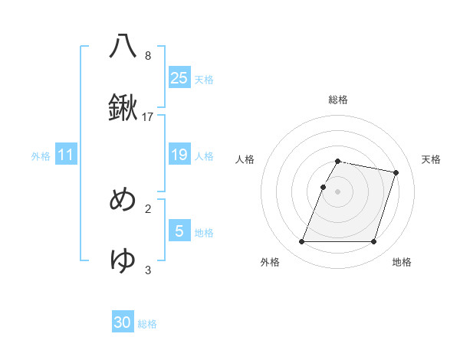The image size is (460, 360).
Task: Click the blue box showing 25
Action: pyautogui.click(x=179, y=77)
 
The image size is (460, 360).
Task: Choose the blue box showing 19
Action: pyautogui.click(x=179, y=155)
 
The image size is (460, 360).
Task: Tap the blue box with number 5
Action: pyautogui.click(x=179, y=231)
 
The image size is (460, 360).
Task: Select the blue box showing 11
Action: pyautogui.click(x=66, y=155)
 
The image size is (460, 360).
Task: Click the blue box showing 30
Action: pyautogui.click(x=123, y=322)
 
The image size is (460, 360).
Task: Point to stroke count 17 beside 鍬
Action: pyautogui.click(x=148, y=117)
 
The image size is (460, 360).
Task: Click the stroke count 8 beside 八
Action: pyautogui.click(x=148, y=55)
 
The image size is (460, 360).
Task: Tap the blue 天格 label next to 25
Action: pyautogui.click(x=204, y=79)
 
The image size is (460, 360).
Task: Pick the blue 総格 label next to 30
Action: pyautogui.click(x=147, y=324)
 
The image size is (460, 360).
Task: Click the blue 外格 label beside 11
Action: pyautogui.click(x=41, y=156)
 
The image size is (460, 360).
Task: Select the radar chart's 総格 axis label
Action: pyautogui.click(x=337, y=100)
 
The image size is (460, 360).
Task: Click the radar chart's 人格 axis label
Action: pyautogui.click(x=245, y=159)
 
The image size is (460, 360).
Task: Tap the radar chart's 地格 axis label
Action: pyautogui.click(x=402, y=262)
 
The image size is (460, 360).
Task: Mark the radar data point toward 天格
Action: pyautogui.click(x=396, y=172)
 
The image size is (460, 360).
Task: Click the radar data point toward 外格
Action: pyautogui.click(x=301, y=242)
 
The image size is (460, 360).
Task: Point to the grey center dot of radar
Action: pyautogui.click(x=337, y=191)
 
